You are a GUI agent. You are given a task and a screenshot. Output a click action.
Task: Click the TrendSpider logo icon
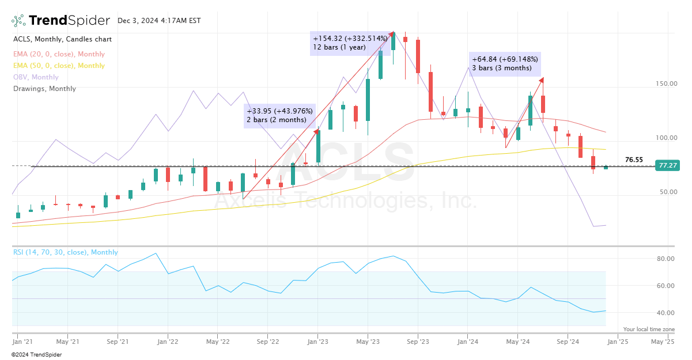(x=18, y=21)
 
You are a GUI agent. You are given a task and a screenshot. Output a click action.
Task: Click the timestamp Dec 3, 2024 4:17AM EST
(x=159, y=21)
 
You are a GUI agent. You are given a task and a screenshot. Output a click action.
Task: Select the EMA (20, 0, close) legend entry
(x=59, y=54)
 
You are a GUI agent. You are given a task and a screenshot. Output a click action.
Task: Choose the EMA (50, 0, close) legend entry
(x=59, y=66)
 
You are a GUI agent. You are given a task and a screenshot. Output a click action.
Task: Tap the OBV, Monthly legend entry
(x=36, y=77)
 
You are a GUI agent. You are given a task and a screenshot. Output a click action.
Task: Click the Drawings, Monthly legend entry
(x=44, y=89)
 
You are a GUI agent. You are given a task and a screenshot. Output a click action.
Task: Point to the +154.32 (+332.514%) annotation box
(x=350, y=43)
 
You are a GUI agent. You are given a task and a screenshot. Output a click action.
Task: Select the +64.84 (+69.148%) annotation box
(x=505, y=63)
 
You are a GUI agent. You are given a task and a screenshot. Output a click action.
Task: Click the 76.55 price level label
(x=634, y=160)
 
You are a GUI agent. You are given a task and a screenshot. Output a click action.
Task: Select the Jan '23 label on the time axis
(x=317, y=341)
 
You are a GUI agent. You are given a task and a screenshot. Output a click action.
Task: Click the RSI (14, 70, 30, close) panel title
(x=65, y=252)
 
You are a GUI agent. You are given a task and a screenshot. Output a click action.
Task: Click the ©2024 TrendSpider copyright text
(x=36, y=354)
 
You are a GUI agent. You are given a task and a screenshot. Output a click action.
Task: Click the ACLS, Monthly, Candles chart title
(x=62, y=39)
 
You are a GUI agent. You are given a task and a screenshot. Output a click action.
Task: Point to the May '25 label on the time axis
(x=663, y=341)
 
